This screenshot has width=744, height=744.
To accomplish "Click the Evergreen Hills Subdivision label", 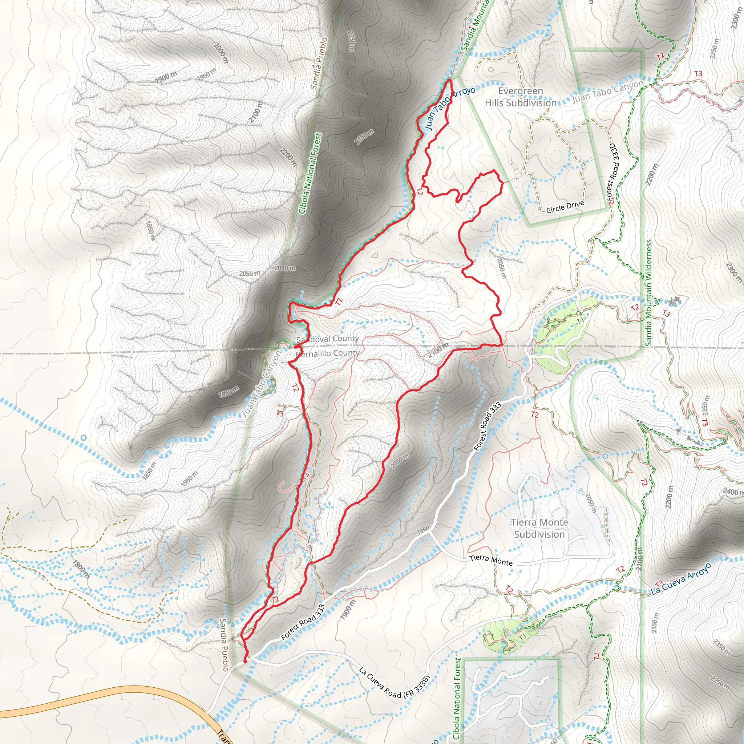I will (x=520, y=97).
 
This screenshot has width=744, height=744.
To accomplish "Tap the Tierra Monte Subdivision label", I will (x=539, y=528).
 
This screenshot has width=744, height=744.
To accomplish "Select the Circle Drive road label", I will (x=565, y=207).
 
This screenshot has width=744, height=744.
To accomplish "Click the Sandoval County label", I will (x=327, y=339).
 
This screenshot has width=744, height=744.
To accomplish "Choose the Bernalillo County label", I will (x=328, y=353).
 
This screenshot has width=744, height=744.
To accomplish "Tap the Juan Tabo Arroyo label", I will (x=449, y=108).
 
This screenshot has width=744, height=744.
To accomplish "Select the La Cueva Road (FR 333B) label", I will (x=393, y=683).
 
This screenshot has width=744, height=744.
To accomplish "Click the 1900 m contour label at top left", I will (x=166, y=77).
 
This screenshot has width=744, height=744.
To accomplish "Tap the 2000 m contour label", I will (x=220, y=53).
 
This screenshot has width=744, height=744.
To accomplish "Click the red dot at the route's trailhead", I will (x=245, y=661).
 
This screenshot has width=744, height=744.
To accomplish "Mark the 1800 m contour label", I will (x=81, y=570).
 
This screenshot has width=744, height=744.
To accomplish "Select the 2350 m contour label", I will (x=721, y=647).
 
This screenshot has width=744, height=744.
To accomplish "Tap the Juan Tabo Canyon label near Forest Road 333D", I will (x=607, y=92).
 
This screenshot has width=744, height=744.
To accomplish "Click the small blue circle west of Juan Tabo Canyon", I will (x=84, y=438).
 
